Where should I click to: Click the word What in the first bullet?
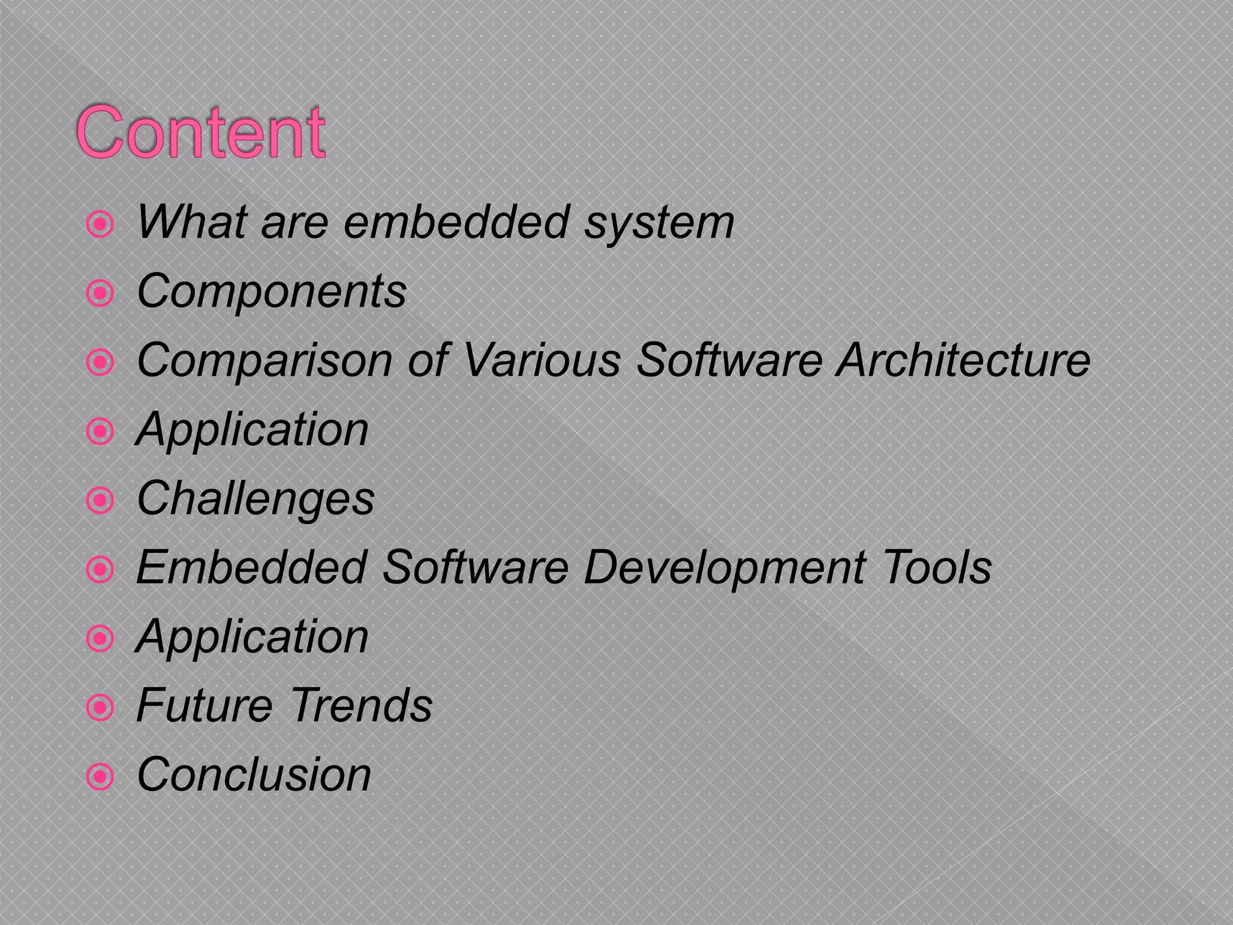click(191, 222)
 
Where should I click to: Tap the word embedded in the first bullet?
click(456, 222)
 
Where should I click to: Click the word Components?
click(272, 292)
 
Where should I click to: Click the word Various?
click(541, 360)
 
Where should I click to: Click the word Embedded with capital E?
click(252, 567)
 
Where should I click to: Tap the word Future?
click(204, 705)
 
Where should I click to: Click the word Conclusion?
click(253, 774)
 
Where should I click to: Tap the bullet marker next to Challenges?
click(100, 500)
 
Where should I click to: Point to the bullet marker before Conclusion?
click(100, 777)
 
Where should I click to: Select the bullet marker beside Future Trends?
click(100, 708)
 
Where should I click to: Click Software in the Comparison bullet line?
click(730, 360)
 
